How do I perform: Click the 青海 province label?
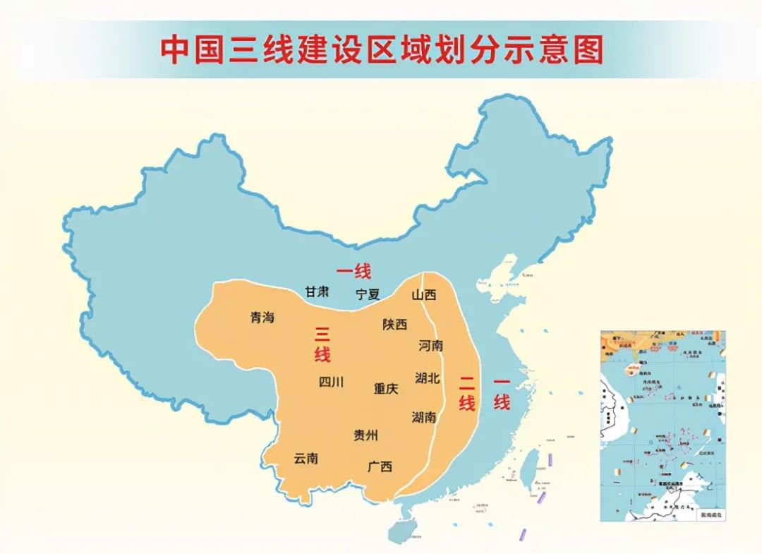(x=262, y=318)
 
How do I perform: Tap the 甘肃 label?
(x=317, y=291)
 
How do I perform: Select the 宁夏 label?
(x=368, y=294)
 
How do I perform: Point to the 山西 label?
(x=424, y=294)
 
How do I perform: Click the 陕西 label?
(x=395, y=325)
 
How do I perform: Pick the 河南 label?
(x=431, y=346)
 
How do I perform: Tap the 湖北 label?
(x=428, y=378)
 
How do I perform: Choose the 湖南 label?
(x=424, y=417)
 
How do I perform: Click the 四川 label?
(x=331, y=382)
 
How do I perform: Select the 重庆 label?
(x=386, y=388)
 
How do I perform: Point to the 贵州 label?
(x=365, y=435)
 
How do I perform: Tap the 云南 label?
(x=306, y=458)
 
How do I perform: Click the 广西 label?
(x=380, y=466)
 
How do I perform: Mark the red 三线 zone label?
(x=322, y=344)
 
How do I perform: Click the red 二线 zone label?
(x=466, y=394)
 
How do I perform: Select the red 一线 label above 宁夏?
(x=353, y=270)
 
